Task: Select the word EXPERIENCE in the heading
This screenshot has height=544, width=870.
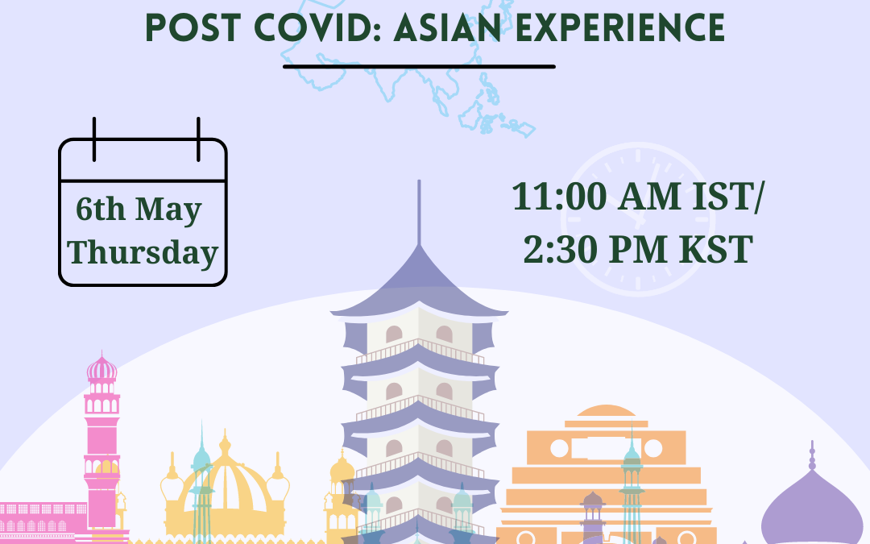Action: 620,27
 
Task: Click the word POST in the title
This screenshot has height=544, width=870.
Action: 194,27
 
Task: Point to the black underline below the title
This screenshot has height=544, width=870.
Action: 419,67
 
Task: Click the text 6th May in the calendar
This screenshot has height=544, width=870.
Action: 139,210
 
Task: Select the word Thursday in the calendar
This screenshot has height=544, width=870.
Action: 143,252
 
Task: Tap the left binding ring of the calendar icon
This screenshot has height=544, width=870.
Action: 94,139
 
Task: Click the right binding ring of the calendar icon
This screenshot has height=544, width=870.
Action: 198,139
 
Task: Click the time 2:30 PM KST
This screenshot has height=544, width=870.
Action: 638,249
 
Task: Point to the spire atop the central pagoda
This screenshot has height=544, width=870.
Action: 419,212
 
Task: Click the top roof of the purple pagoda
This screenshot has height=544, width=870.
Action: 419,282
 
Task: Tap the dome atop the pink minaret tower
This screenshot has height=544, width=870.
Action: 102,368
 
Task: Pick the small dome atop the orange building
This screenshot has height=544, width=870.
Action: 606,411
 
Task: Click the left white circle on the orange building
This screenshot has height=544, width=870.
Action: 559,448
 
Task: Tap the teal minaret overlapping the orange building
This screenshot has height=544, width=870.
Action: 632,483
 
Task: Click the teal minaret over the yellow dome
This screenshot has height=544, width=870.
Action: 201,482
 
